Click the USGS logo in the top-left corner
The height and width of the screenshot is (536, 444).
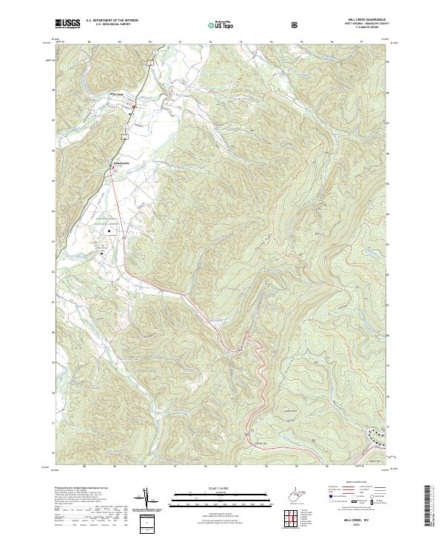[x=67, y=24]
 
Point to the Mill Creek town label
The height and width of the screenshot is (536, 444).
[x=118, y=94]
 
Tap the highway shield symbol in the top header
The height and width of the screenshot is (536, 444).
[x=295, y=24]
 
